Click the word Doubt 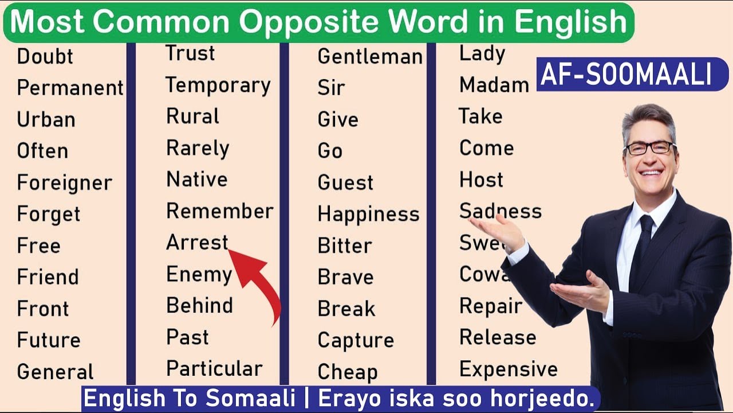point(45,56)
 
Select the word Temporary point(218,85)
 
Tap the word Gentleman point(370,56)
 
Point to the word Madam point(494,85)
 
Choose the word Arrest point(197,243)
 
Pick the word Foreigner point(64,183)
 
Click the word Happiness point(368,214)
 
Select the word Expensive point(508,369)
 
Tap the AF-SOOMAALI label point(625,75)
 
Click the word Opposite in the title point(303,22)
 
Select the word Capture point(356,340)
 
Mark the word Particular point(214,368)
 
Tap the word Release point(498,337)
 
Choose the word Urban point(46,119)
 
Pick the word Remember point(219,211)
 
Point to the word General point(55,372)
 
